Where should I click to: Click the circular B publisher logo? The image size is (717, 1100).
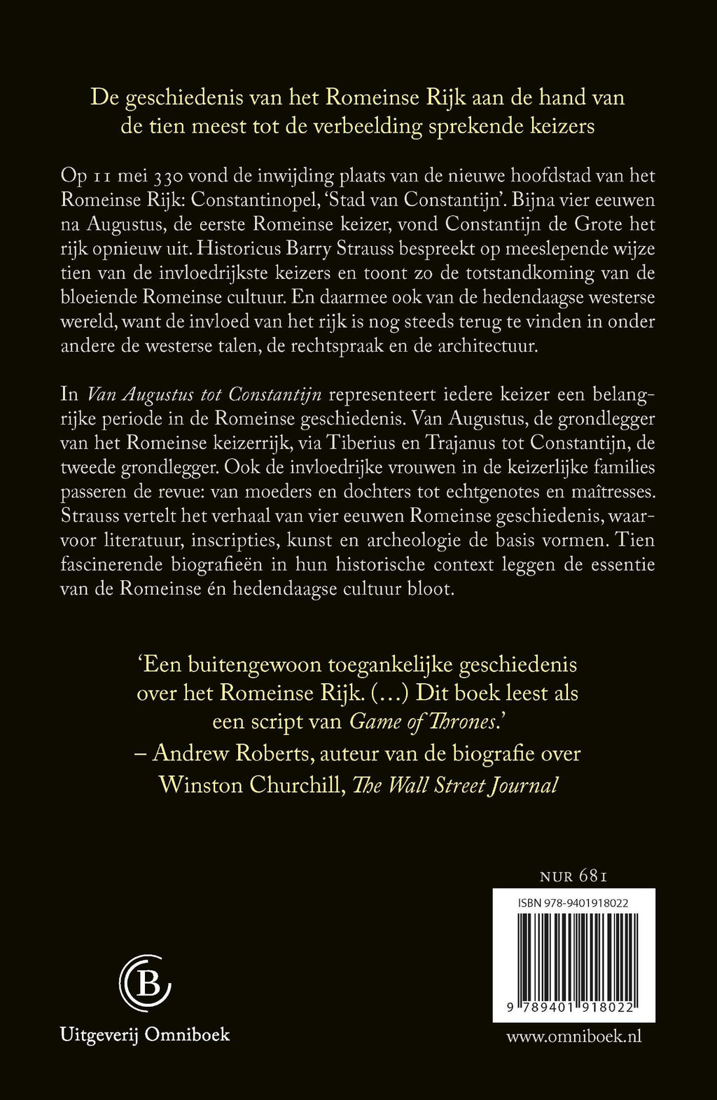[145, 984]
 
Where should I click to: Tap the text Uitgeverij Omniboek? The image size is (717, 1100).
[145, 1034]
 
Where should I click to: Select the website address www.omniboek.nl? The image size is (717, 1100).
[573, 1036]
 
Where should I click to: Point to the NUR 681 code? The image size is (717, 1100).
[573, 876]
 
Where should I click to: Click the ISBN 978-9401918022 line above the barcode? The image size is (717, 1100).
[573, 903]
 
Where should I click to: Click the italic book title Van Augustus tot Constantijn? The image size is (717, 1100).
[204, 394]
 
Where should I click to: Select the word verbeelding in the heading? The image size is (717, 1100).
[369, 127]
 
